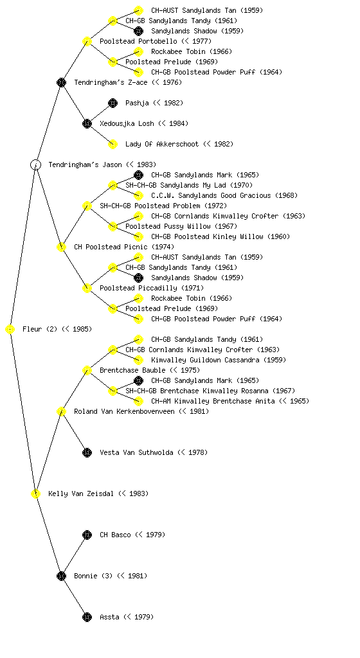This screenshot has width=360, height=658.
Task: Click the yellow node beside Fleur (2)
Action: pos(10,330)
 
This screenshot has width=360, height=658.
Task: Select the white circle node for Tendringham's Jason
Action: pos(35,164)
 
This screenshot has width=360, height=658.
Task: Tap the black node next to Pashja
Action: pos(113,103)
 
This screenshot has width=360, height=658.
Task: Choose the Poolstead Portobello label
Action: pos(138,41)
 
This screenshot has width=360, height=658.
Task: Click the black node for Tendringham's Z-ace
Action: pos(61,82)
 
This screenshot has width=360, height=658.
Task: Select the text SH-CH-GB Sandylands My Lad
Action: pos(176,185)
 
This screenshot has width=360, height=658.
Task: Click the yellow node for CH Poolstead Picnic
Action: pos(61,247)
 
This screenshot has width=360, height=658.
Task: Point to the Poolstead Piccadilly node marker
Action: pos(87,288)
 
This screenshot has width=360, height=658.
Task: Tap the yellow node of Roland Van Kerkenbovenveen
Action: pos(61,411)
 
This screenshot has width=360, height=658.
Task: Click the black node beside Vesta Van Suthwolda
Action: pos(87,452)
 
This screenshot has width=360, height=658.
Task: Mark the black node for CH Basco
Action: pos(87,535)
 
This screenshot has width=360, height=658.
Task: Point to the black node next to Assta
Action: pos(87,617)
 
